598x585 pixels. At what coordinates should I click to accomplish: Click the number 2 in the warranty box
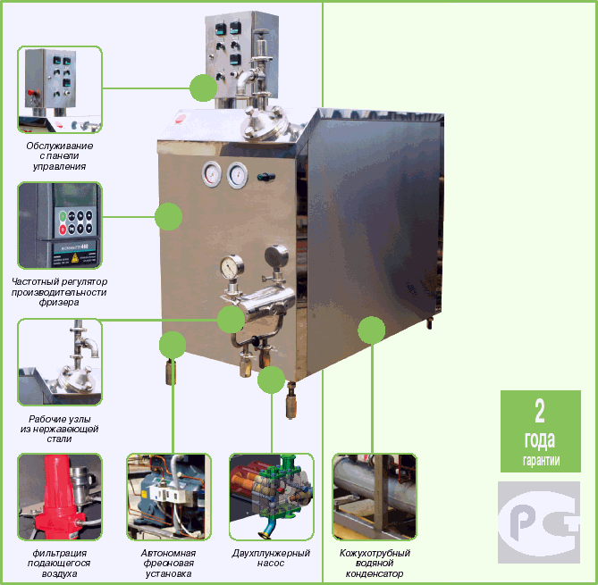coord(540,411)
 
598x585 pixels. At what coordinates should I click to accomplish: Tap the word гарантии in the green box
coord(541,460)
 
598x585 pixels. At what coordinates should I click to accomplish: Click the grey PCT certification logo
coord(539,522)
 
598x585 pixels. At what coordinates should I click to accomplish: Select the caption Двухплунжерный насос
coord(271,558)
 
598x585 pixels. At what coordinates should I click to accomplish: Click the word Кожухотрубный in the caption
coord(375,553)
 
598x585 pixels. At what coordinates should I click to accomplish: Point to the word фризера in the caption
coord(59,303)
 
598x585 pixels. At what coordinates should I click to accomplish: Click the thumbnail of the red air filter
coord(60,497)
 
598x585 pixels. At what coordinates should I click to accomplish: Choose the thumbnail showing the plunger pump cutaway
coord(271,497)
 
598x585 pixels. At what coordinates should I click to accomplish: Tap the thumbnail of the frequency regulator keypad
coord(60,225)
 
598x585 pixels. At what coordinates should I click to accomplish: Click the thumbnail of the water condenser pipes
coord(375,497)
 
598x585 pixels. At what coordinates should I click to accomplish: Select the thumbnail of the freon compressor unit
coord(169,497)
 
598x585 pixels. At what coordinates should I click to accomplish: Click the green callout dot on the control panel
coord(203,88)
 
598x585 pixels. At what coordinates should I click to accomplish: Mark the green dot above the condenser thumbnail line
coord(372,330)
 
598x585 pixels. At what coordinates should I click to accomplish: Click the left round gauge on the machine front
coord(212,174)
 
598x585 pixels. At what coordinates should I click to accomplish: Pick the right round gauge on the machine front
coord(237,175)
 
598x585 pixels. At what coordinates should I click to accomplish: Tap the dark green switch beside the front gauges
coord(266,177)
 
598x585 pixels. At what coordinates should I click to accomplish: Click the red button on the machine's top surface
coord(181,118)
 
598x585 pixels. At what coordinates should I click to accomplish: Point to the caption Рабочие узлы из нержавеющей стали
coord(60,429)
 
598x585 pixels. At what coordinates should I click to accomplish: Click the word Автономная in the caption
coord(168,553)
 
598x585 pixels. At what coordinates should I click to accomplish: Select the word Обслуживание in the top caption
coord(60,146)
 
